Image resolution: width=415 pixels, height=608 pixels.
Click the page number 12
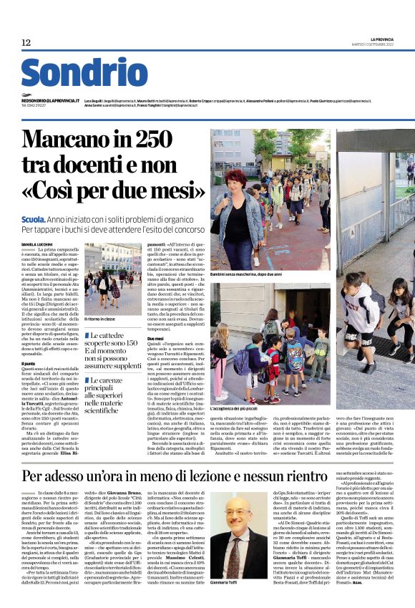click(x=26, y=43)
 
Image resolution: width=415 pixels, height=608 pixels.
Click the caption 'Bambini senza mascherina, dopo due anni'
click(x=245, y=274)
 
